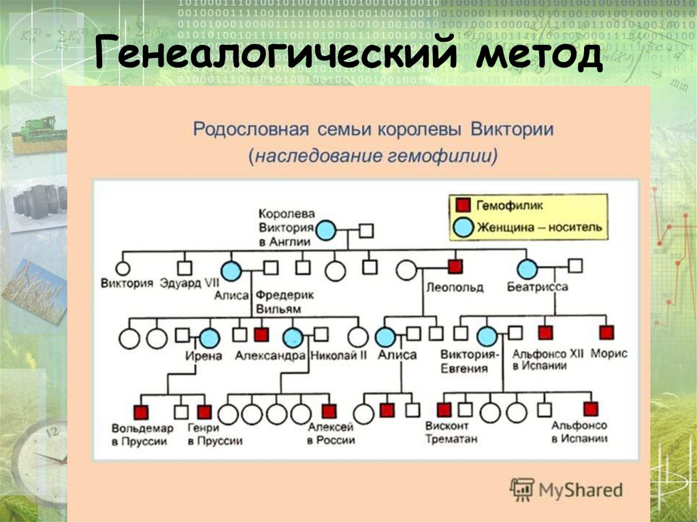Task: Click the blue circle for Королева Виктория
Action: tap(326, 231)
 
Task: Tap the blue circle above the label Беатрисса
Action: tap(527, 269)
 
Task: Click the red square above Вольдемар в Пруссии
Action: tap(141, 411)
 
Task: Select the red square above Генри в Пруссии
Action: tap(204, 411)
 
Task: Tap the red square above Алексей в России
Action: tap(329, 410)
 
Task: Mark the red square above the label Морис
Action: tap(606, 333)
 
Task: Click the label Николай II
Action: tap(338, 355)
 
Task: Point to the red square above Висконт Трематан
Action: tap(444, 409)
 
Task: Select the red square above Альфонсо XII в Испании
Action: tap(545, 333)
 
